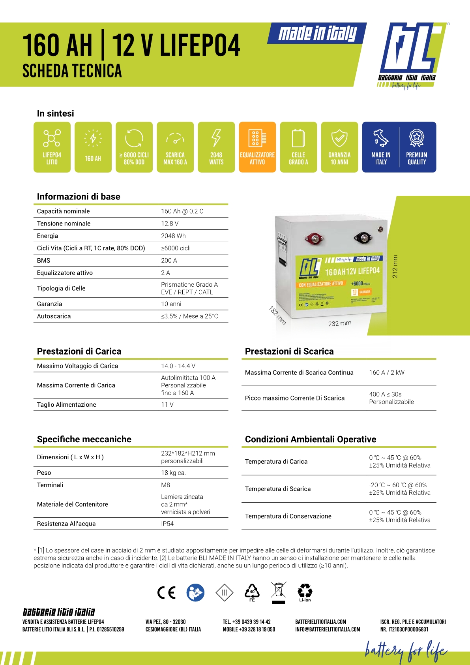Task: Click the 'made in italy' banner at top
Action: [317, 34]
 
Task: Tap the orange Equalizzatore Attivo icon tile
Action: [257, 147]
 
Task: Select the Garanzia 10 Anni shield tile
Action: [339, 147]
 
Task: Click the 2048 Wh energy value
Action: [173, 236]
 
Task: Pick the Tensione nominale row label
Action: [64, 224]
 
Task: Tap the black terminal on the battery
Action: [363, 237]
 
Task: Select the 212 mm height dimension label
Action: [395, 267]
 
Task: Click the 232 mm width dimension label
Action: [340, 323]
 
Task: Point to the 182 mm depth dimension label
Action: [277, 315]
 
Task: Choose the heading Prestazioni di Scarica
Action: [289, 351]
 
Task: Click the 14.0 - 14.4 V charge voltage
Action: [178, 366]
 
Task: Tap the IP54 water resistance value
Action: [167, 524]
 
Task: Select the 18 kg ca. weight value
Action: [173, 473]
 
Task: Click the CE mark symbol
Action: [166, 592]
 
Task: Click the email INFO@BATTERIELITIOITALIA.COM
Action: [328, 629]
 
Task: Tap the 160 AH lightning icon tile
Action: [93, 147]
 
